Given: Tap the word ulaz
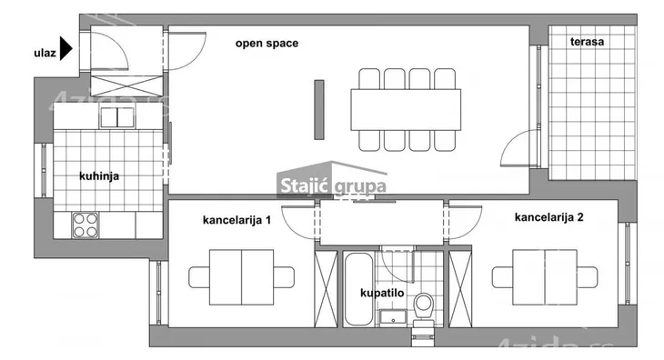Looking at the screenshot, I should point(43,54).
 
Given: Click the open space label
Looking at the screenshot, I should point(267,43).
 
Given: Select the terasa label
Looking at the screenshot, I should point(588,42).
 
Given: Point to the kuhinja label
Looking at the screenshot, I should point(100,176).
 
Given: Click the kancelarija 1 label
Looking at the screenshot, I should point(237,220).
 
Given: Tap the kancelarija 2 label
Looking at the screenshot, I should point(548,217).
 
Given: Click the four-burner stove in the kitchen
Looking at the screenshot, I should point(86,224).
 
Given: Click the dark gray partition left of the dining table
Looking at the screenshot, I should point(319,109).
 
